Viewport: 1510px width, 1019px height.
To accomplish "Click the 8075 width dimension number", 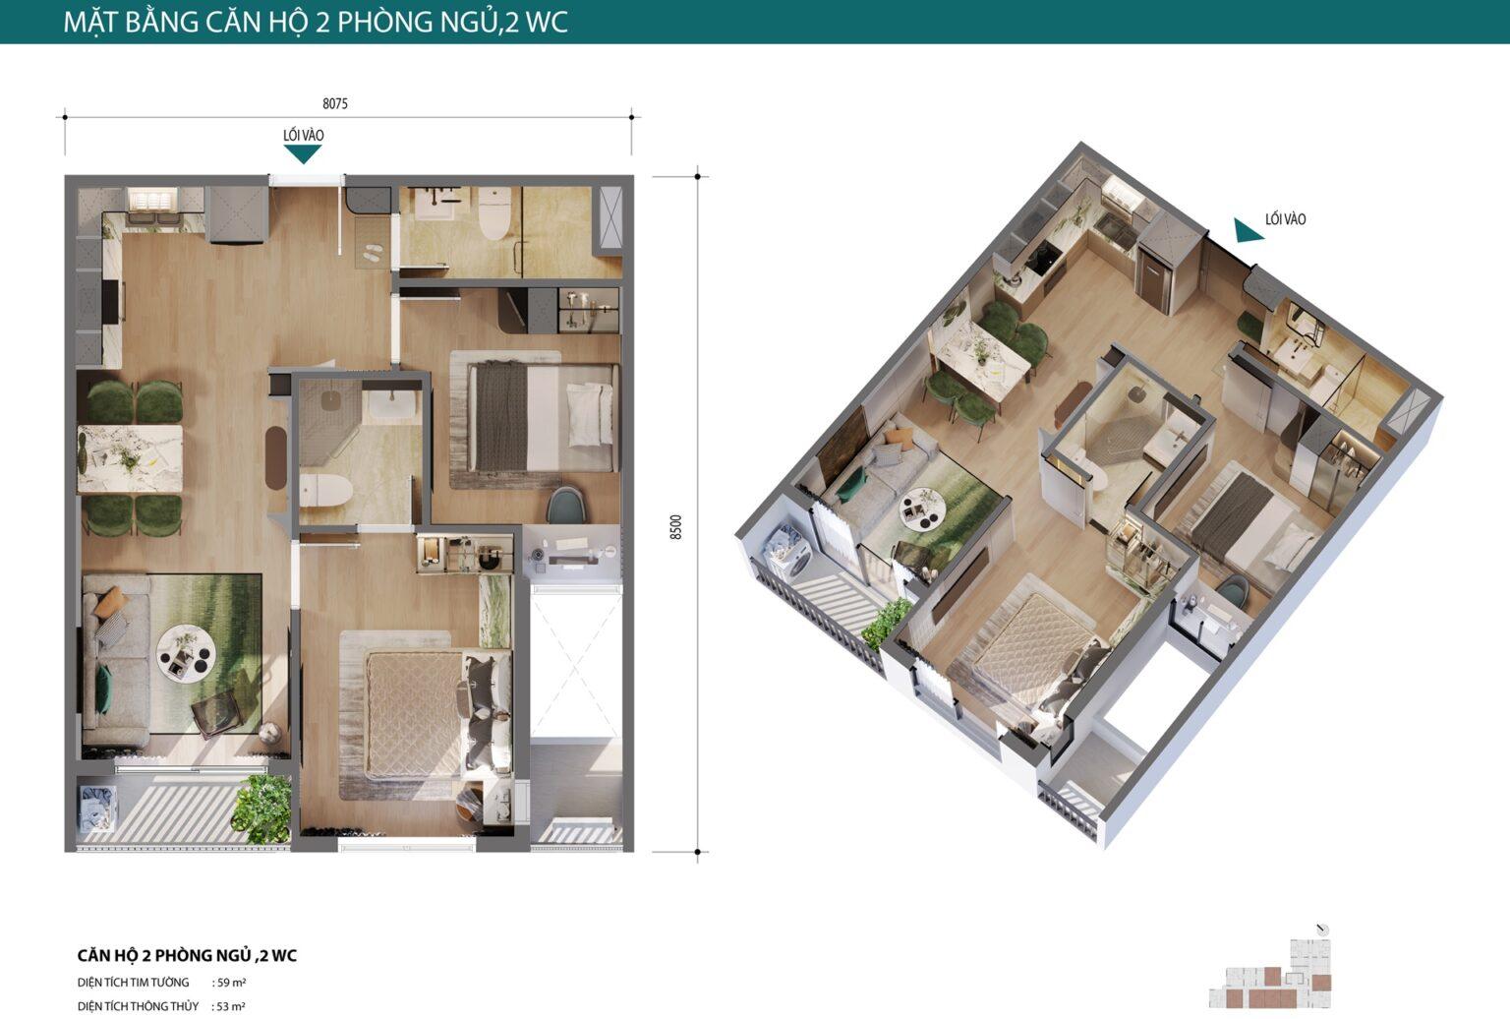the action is click(x=335, y=103).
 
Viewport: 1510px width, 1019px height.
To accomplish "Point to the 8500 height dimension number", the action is click(x=676, y=526).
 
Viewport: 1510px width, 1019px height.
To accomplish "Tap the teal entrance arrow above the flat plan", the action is click(x=303, y=154).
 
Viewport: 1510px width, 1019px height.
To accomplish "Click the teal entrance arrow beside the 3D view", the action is click(x=1248, y=230).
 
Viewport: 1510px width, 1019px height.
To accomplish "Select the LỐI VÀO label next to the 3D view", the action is click(x=1286, y=219).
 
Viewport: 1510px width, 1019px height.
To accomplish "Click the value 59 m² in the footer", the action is click(x=231, y=983).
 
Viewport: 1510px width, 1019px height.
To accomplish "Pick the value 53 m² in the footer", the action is click(x=231, y=1006).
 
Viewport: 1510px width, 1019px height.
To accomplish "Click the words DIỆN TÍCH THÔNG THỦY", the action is click(x=138, y=1006).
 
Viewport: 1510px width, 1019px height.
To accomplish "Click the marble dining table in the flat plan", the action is click(x=130, y=458).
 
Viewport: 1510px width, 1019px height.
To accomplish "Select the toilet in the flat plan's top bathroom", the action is click(x=494, y=212).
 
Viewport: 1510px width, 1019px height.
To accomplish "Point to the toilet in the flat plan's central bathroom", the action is click(x=325, y=490).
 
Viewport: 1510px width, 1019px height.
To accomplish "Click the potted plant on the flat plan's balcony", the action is click(x=261, y=809).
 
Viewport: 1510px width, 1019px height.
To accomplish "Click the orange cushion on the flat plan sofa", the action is click(x=110, y=602).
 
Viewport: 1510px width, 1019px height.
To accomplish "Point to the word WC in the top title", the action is click(x=546, y=23).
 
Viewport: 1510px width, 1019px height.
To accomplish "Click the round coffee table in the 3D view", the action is click(x=921, y=508).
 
